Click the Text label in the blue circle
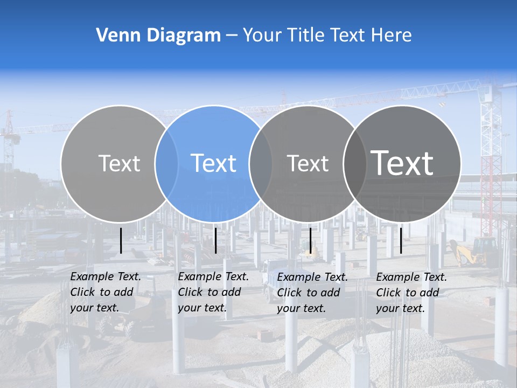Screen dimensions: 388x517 (213, 163)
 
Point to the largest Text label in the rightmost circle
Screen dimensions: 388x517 (402, 163)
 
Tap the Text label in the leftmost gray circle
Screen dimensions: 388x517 (119, 163)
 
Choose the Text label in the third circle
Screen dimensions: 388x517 (308, 163)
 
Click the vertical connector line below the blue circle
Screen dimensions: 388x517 (215, 240)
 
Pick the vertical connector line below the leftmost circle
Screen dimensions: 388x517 (121, 240)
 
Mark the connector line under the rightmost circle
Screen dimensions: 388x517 (401, 240)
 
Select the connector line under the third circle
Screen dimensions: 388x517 (310, 240)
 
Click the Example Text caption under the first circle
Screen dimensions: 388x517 (105, 292)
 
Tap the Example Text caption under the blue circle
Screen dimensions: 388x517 (213, 292)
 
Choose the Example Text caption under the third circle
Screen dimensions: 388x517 (312, 293)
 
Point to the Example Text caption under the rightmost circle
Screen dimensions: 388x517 (411, 293)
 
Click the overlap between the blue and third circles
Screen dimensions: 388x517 (261, 163)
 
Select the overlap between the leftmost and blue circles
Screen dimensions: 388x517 (166, 163)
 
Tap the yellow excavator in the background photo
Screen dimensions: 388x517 (474, 252)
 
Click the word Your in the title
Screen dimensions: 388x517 (263, 36)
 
